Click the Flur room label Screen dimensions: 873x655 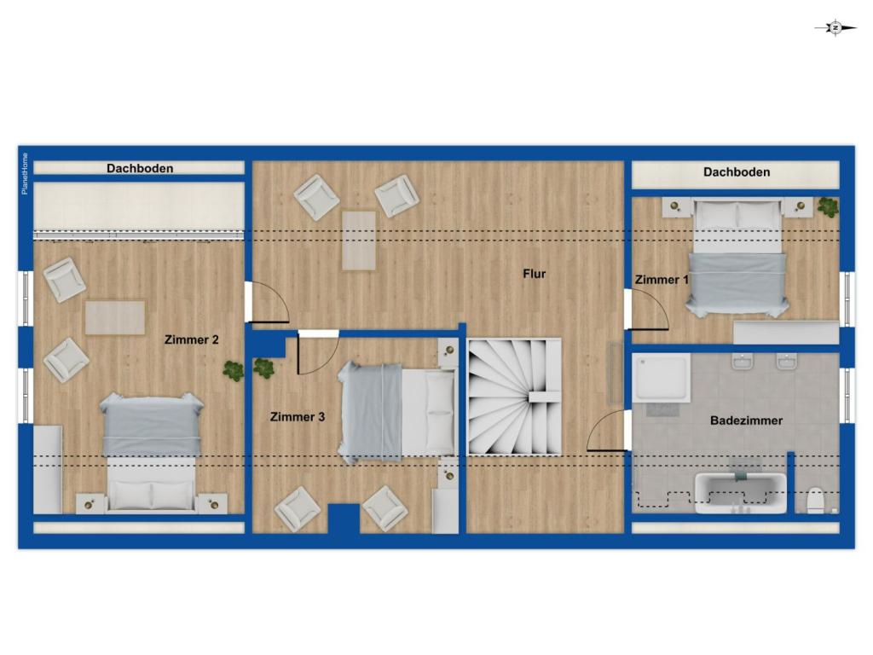tap(534, 274)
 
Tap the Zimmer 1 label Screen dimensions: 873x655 tap(662, 280)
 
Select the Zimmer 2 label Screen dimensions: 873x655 tap(192, 339)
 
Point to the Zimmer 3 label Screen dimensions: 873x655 tap(298, 416)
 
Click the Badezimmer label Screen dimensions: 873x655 tap(746, 420)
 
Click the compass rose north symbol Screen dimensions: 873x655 tap(835, 27)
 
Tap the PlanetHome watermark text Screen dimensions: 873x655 tap(25, 174)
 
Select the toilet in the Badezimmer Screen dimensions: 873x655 tap(816, 500)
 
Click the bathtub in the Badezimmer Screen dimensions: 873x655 tap(741, 493)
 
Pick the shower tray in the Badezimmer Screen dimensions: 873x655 tap(662, 378)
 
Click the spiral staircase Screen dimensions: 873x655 tap(514, 397)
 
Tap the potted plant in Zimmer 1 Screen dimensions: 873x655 tap(828, 206)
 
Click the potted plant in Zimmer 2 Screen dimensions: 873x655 tap(234, 370)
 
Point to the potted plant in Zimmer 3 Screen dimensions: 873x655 tap(263, 368)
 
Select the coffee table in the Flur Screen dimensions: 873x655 tap(359, 241)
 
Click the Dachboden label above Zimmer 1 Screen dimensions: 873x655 tap(737, 172)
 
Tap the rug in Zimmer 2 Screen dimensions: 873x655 tap(115, 318)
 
